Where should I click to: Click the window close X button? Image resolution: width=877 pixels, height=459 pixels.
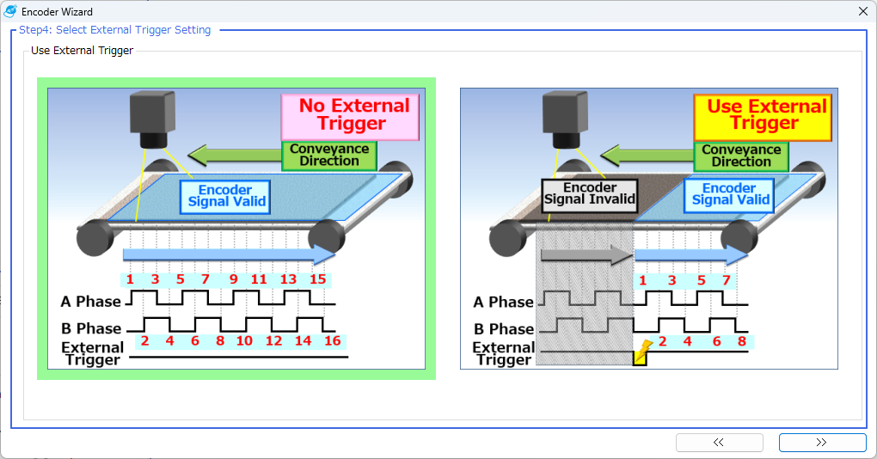pos(863,12)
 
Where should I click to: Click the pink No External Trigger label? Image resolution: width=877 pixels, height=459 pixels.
pos(350,117)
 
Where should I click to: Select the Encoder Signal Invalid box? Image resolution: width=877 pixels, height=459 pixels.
pos(590,193)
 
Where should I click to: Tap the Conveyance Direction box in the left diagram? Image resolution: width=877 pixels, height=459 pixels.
pos(329,155)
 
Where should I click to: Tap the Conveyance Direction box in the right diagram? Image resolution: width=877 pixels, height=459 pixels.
pos(741,155)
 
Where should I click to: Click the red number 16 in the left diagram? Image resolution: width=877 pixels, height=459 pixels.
pos(332,341)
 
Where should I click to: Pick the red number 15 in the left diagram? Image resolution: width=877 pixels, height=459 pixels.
pos(317,279)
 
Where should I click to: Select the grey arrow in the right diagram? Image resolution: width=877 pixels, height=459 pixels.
pos(585,254)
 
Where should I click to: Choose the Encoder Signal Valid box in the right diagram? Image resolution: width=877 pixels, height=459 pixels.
pos(729,193)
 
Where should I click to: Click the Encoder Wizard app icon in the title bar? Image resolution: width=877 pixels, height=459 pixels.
pos(10,12)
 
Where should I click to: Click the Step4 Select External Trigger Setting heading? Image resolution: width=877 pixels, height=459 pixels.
pos(114,30)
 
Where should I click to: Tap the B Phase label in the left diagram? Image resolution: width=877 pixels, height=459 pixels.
pos(90,328)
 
